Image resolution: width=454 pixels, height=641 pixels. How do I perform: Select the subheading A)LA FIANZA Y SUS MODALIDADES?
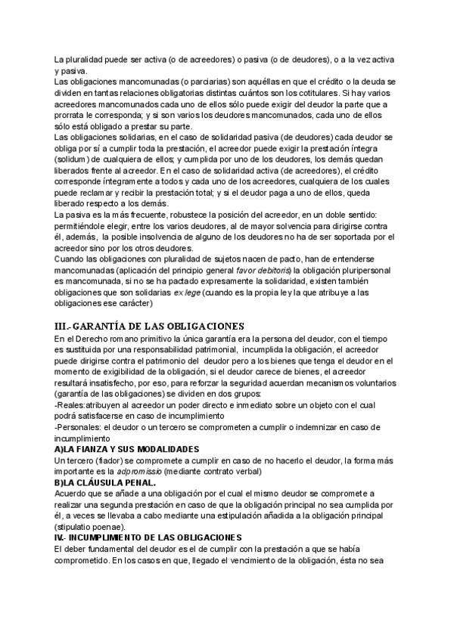[126, 448]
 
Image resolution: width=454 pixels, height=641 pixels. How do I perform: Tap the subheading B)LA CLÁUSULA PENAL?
[106, 482]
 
